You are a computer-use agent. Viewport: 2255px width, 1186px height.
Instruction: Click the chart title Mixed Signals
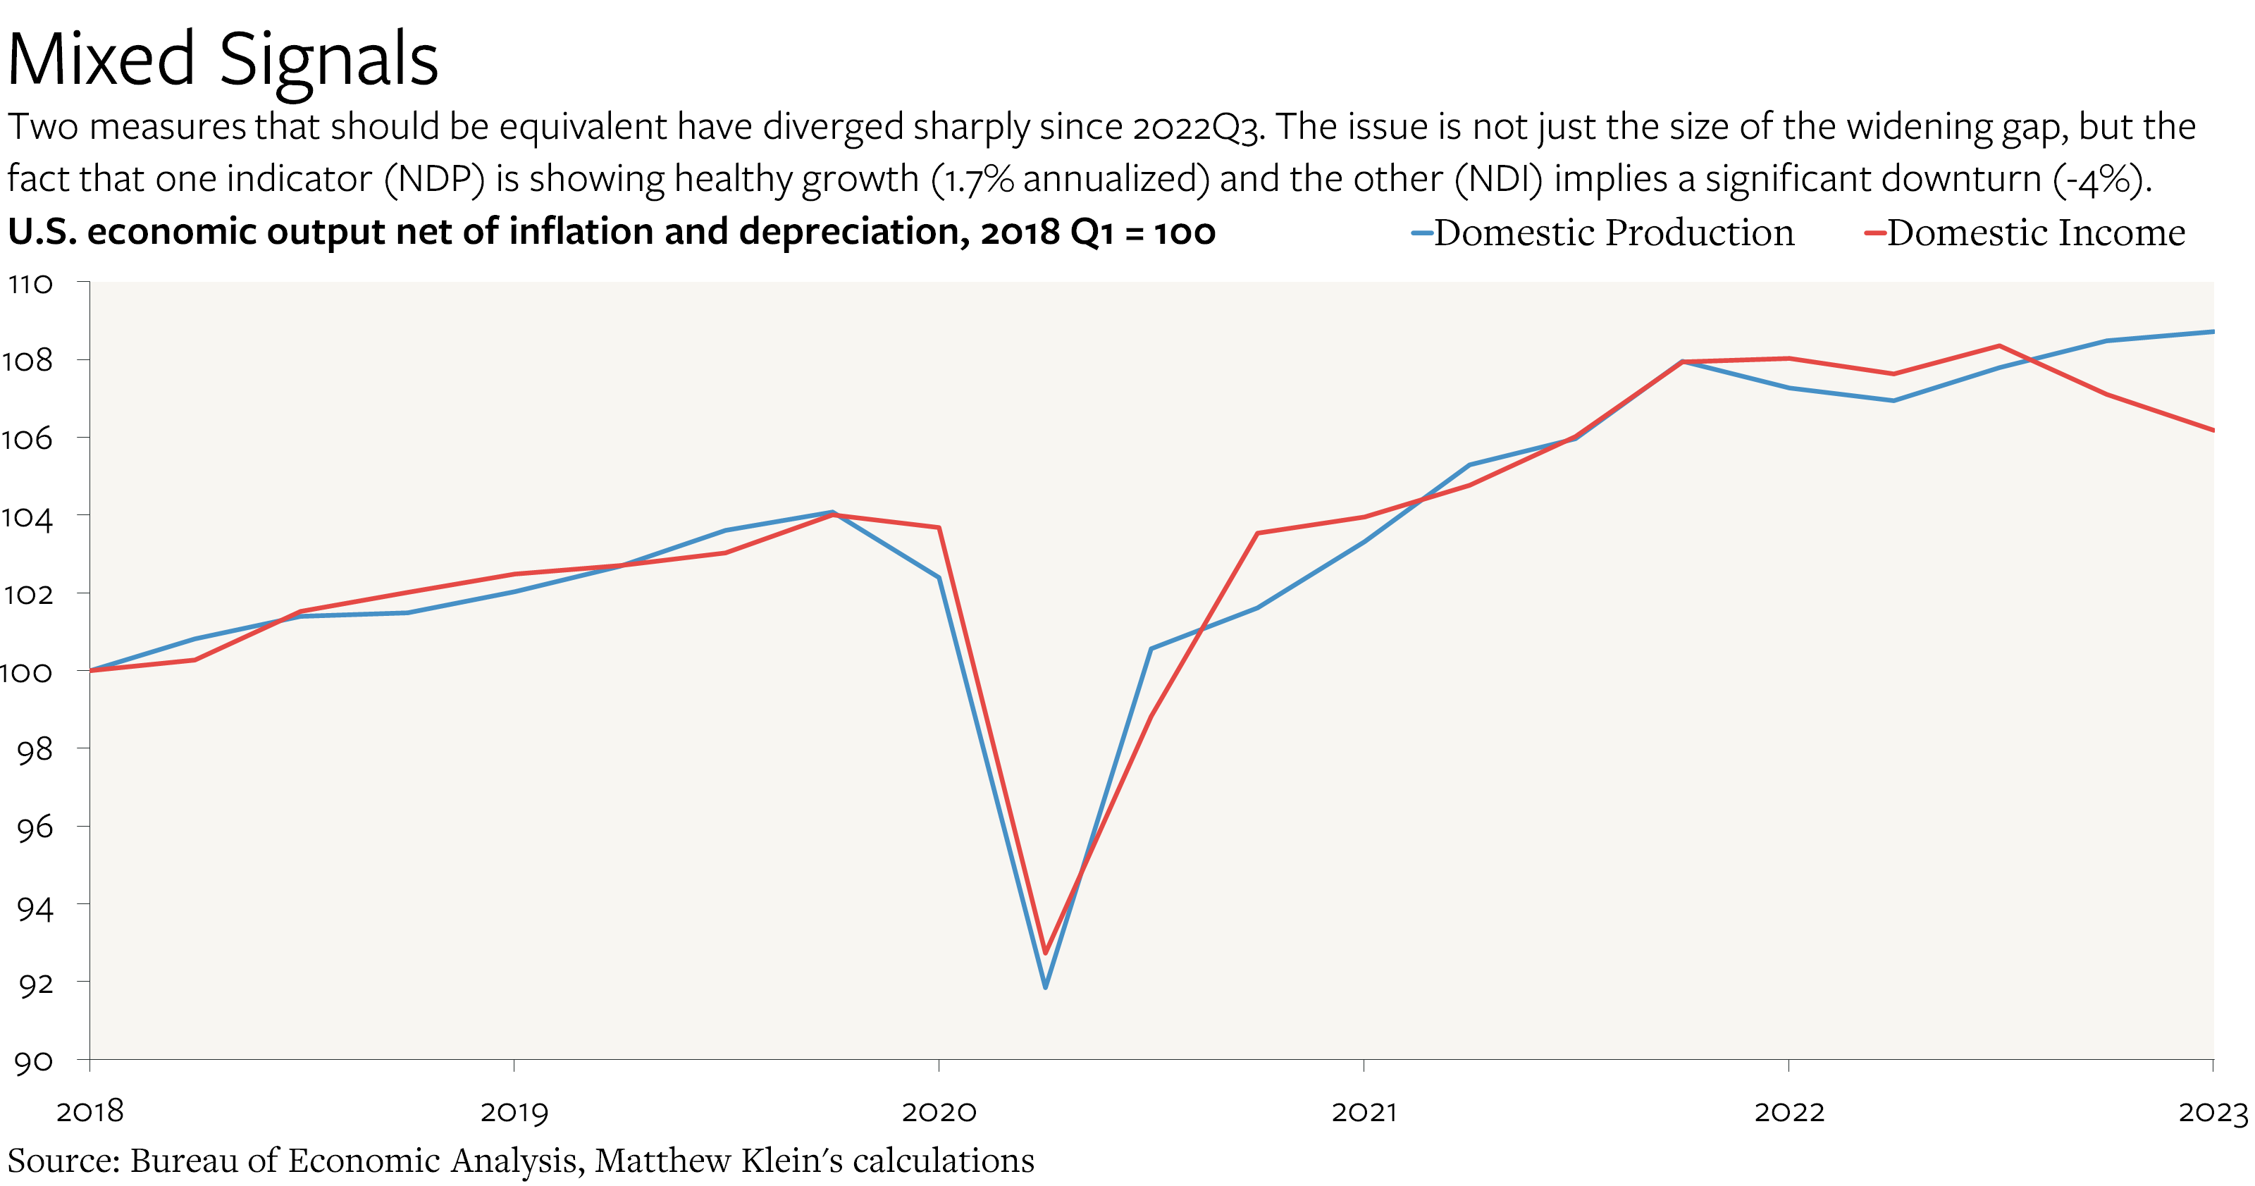click(x=223, y=59)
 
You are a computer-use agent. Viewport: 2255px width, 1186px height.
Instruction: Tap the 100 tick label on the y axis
click(x=26, y=672)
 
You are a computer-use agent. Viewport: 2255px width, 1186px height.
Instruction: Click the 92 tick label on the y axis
click(x=35, y=984)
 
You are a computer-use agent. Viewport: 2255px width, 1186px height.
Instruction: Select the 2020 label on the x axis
click(x=939, y=1111)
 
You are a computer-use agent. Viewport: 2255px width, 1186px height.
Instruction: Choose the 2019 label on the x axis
click(x=514, y=1111)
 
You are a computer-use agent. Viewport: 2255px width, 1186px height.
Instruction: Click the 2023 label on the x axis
click(x=2212, y=1111)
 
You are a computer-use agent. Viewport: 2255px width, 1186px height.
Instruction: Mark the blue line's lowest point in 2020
click(x=1045, y=987)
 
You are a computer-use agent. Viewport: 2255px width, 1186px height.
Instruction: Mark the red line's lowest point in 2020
click(x=1045, y=952)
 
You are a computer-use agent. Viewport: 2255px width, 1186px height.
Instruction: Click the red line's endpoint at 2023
click(x=2211, y=430)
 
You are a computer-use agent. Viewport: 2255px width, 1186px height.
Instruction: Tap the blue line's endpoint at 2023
click(x=2211, y=332)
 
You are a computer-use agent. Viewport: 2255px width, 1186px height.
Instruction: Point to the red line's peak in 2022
click(x=1999, y=346)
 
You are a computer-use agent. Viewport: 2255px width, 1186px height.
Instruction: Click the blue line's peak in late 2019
click(x=832, y=512)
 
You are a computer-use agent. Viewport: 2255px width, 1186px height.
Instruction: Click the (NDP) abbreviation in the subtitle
click(x=435, y=180)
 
